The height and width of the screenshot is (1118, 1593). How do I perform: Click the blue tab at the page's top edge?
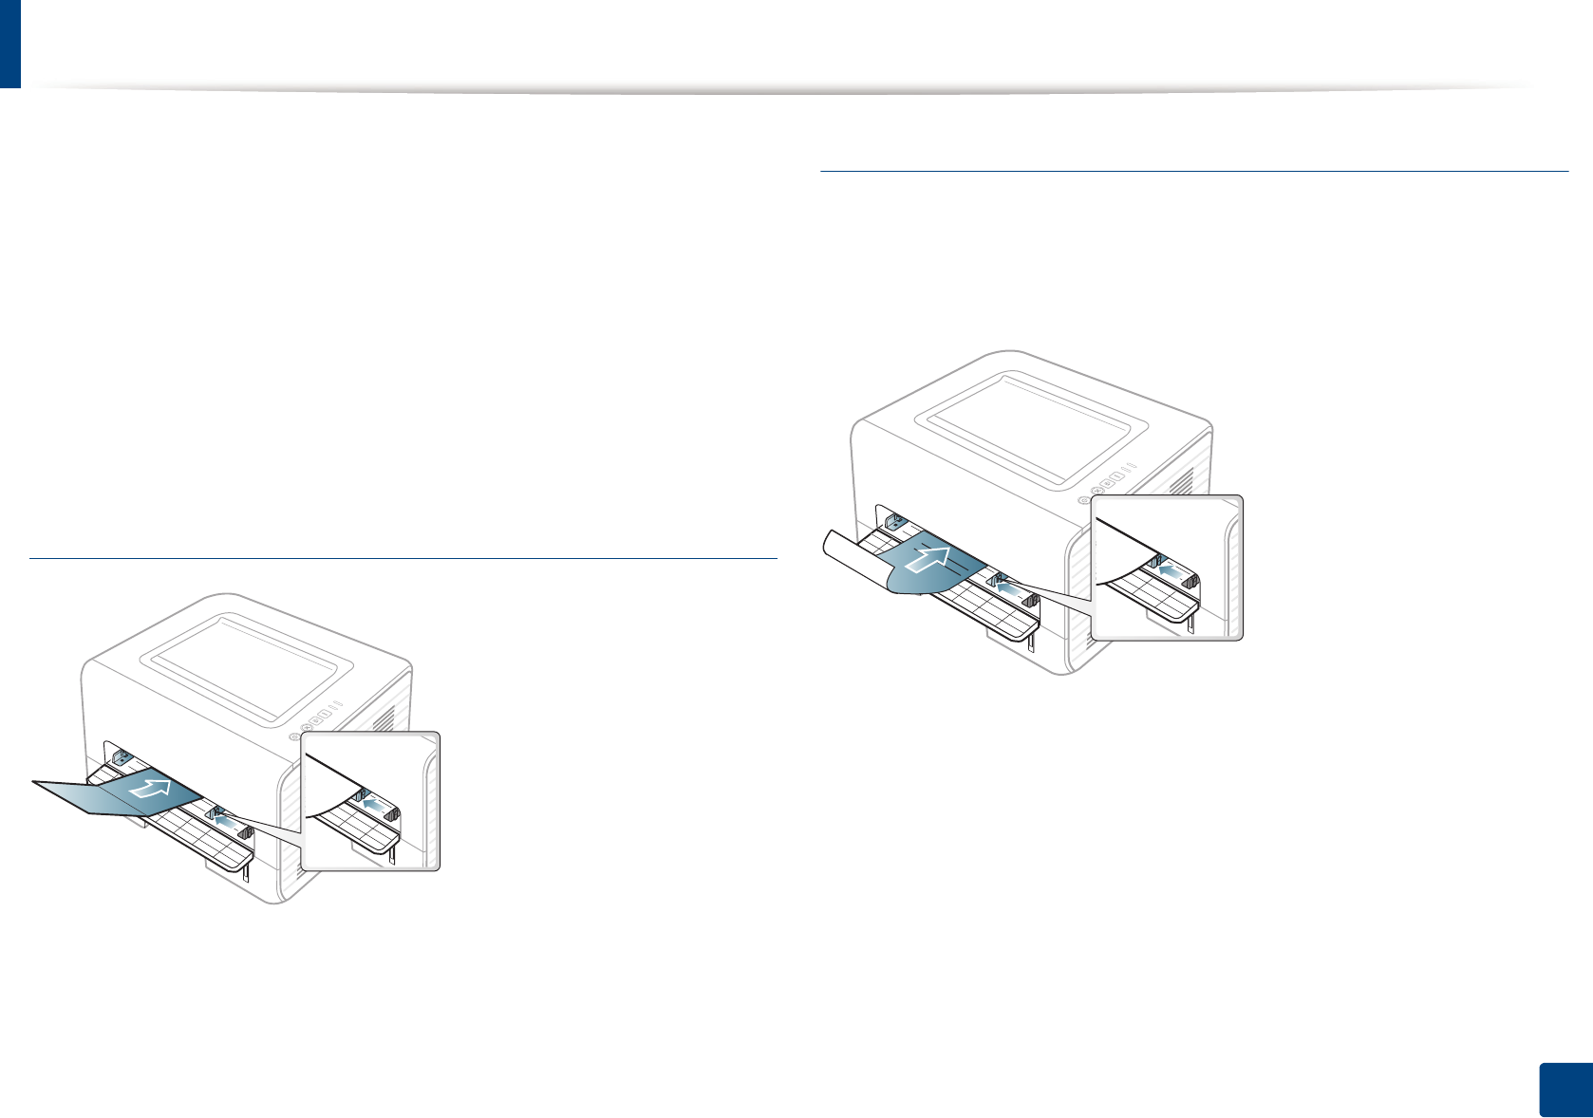9,43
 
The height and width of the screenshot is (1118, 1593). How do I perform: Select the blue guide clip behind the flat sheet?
121,757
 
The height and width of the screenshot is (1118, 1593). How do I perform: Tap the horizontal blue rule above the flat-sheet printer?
403,559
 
